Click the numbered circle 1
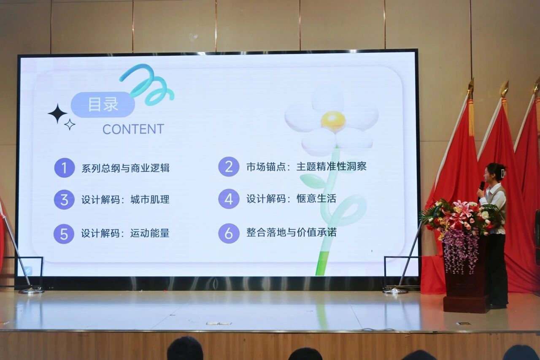(x=64, y=168)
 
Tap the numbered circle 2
(x=229, y=167)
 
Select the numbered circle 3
(x=64, y=200)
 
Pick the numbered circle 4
(x=229, y=199)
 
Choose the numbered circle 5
(x=64, y=234)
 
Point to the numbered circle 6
(x=229, y=233)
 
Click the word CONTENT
(x=133, y=129)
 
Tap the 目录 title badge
(x=103, y=105)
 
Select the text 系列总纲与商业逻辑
(x=125, y=168)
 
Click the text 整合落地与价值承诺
(x=291, y=233)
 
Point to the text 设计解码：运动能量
(x=125, y=233)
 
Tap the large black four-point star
(x=57, y=114)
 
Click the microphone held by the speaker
(x=481, y=188)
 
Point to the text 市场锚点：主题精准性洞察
(x=306, y=167)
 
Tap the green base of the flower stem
(x=322, y=263)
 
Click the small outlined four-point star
(x=70, y=125)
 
